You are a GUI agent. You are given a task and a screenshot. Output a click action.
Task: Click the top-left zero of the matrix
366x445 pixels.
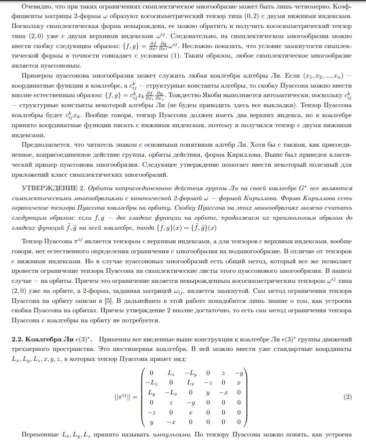(151, 373)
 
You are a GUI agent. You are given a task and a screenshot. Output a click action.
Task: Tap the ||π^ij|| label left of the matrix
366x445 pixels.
(126, 397)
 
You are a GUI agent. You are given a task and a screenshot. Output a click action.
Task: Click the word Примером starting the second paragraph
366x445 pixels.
(38, 76)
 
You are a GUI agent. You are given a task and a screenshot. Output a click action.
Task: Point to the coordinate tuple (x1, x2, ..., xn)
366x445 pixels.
(325, 76)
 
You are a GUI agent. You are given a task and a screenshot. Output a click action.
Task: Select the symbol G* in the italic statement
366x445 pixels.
(299, 188)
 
